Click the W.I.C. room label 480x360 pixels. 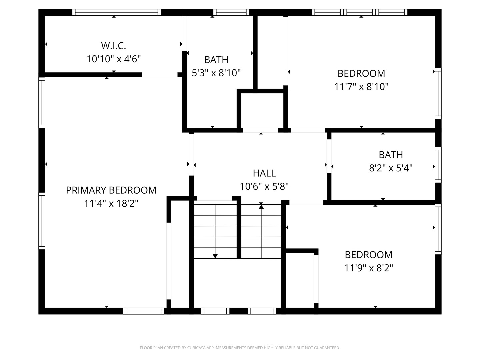[113, 46]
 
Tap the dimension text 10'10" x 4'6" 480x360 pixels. [114, 59]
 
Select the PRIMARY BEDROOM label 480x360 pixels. [111, 190]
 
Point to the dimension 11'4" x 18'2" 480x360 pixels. [111, 203]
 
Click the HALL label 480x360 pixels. [264, 173]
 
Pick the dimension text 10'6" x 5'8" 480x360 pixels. [264, 187]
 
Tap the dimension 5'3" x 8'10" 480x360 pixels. [216, 73]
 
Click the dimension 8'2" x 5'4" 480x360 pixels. [391, 168]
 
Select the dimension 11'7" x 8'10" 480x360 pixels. [361, 87]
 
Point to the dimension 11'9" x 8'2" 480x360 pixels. [369, 268]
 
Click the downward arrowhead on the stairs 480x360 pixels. [215, 256]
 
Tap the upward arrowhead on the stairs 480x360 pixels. [261, 207]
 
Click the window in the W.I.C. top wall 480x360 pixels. [117, 12]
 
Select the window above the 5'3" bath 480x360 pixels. [231, 12]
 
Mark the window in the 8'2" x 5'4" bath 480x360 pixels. [438, 165]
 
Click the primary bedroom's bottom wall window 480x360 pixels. [143, 311]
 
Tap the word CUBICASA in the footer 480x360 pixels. [196, 348]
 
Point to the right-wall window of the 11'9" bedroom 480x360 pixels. [438, 229]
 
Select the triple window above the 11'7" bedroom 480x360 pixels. [360, 12]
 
